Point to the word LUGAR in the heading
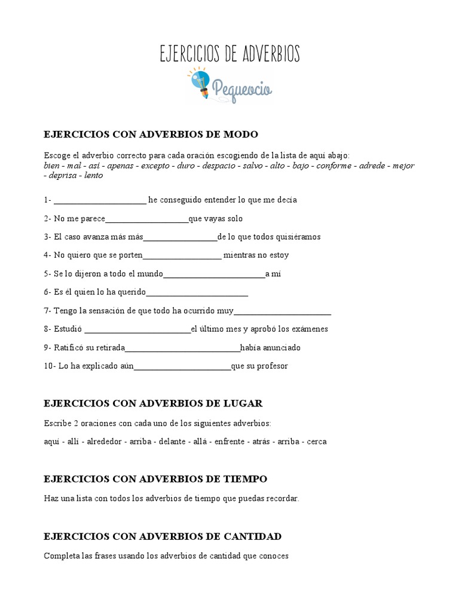click(241, 403)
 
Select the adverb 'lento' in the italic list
click(93, 175)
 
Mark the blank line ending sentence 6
click(197, 293)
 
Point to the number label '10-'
click(50, 366)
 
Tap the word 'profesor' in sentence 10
click(272, 366)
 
